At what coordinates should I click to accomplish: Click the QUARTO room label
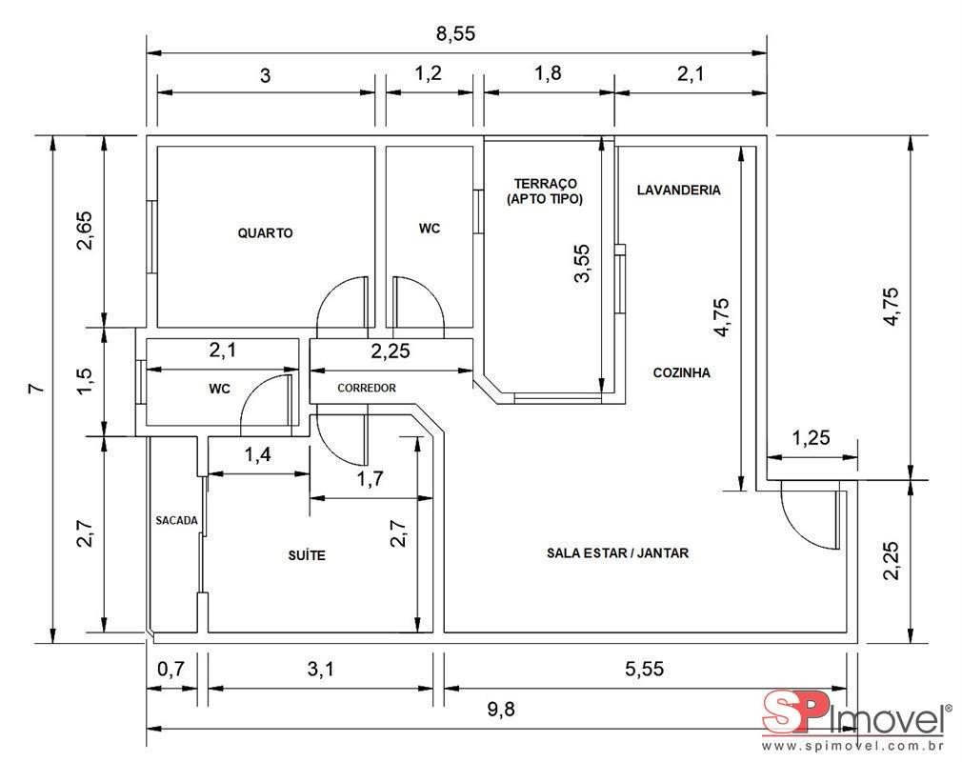point(265,233)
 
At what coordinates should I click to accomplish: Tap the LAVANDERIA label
point(678,190)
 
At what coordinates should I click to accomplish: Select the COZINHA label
point(682,372)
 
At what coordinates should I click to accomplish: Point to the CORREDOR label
point(367,388)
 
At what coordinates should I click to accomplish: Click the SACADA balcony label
point(177,520)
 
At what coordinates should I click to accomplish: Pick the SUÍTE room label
point(307,555)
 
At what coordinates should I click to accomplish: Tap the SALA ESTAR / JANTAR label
point(618,552)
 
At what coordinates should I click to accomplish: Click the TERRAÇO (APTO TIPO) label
point(546,190)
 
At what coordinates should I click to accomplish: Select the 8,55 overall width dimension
point(455,33)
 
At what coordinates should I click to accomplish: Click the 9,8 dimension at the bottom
point(501,710)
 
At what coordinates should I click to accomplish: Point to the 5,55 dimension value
point(644,668)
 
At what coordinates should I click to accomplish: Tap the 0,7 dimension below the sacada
point(170,668)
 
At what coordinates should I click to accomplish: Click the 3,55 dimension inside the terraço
point(582,263)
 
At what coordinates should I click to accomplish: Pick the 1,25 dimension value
point(811,437)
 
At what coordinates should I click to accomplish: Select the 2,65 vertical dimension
point(84,231)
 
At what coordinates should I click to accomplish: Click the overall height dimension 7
point(37,388)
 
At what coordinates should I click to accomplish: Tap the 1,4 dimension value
point(258,454)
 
